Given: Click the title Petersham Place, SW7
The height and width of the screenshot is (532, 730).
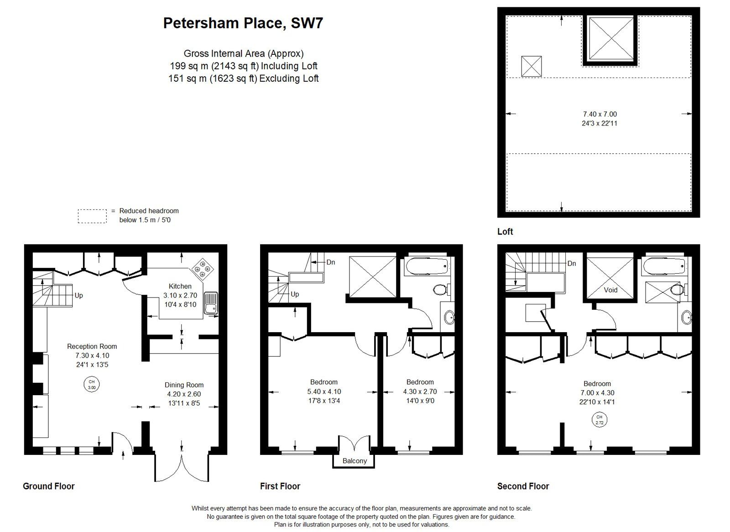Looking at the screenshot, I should point(243,23).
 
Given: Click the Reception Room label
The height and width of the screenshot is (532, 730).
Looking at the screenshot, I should point(92,346).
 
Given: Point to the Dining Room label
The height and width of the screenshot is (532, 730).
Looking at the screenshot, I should point(184,385).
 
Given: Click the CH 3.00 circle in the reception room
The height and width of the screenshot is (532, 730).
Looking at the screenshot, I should point(92,384).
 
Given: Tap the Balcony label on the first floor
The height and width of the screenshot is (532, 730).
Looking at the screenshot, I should point(355,461).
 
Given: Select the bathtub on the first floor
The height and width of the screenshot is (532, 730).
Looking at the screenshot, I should point(426,266).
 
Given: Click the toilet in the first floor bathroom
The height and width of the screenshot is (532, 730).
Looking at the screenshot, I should point(441,290).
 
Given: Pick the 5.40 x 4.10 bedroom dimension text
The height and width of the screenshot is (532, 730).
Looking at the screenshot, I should point(324,391).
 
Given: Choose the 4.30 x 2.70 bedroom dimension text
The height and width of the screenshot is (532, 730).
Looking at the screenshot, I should point(420,391).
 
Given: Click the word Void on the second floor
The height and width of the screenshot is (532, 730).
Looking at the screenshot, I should point(610,290).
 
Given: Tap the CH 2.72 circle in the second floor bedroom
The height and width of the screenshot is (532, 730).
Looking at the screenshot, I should point(600,420).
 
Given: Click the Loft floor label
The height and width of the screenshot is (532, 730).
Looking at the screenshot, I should point(505,232).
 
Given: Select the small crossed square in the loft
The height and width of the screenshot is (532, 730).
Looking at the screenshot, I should point(531,67).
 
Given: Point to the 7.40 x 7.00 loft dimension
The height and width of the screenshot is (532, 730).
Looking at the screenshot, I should point(600,114).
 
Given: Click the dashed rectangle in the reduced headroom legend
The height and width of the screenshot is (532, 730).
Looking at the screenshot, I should point(92,216).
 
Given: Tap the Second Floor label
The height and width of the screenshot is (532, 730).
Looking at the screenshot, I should point(523,486).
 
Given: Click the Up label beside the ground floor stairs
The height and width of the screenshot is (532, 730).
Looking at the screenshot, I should point(78,296).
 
